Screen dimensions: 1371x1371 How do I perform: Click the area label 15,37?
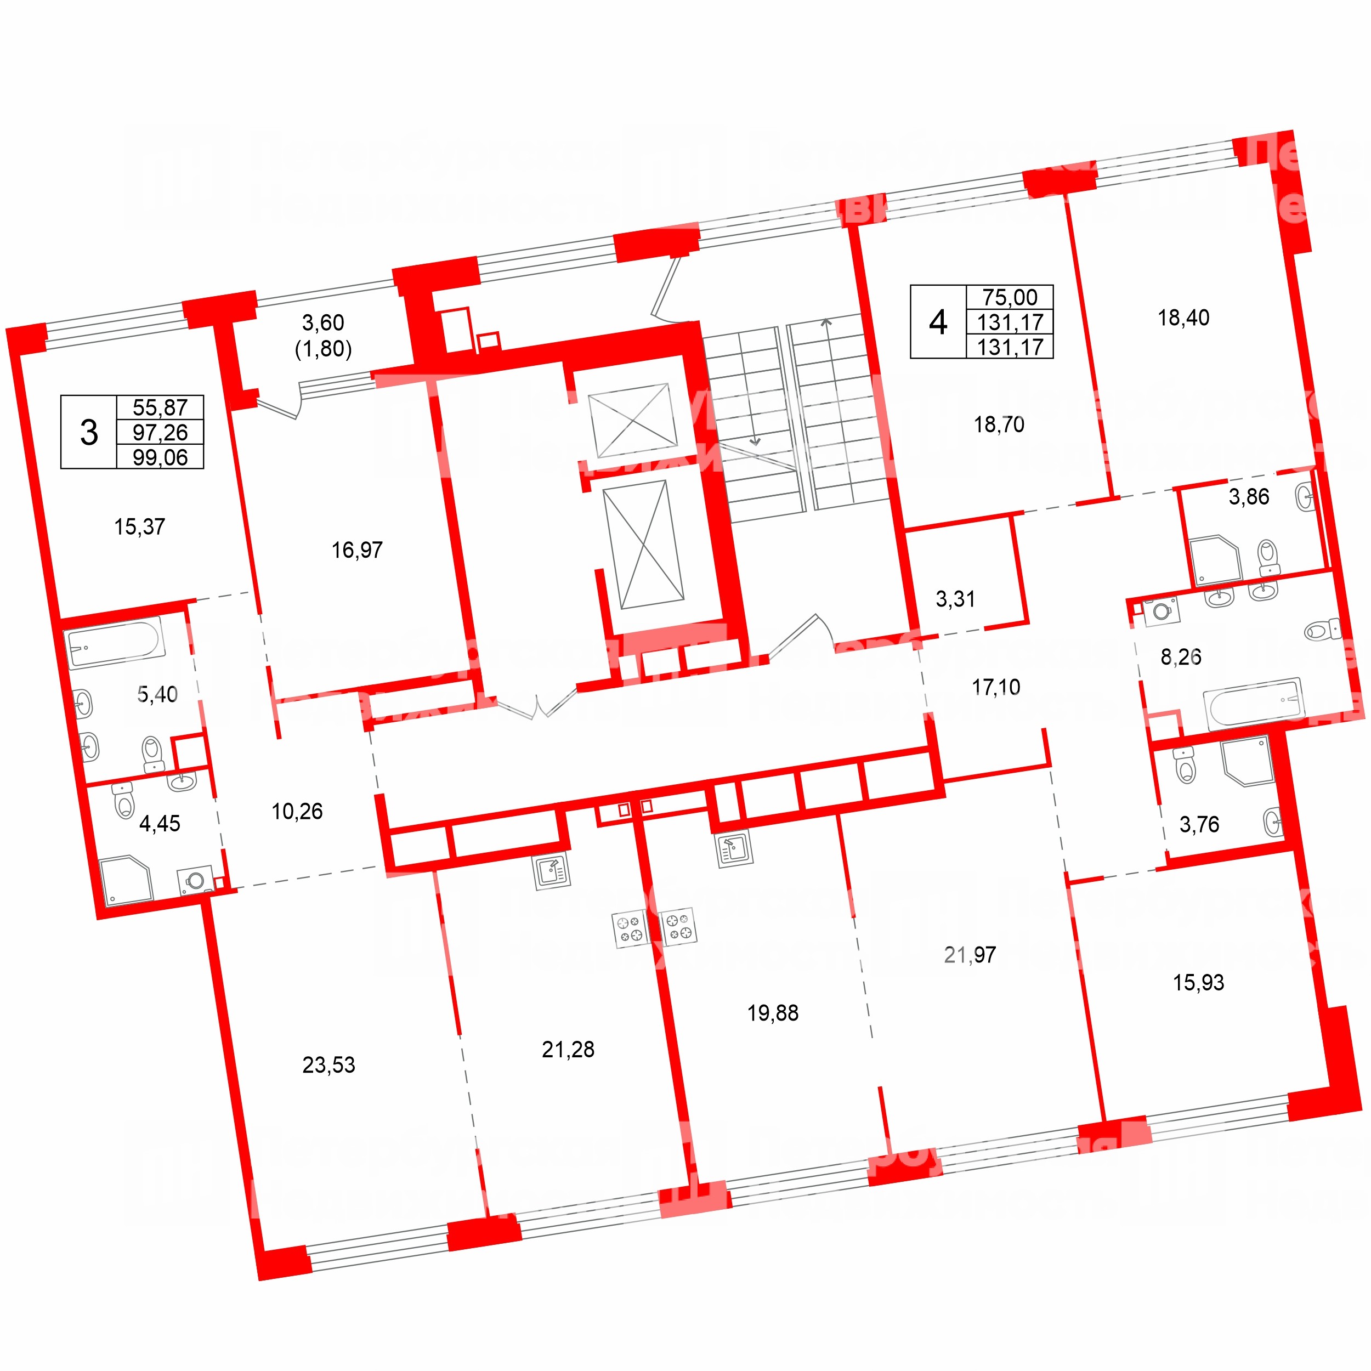tap(140, 527)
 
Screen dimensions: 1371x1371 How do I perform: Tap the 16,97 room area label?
tap(357, 550)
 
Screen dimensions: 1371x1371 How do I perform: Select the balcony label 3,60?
tap(323, 323)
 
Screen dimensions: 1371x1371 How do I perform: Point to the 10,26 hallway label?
tap(297, 811)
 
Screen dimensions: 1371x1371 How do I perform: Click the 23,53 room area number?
tap(328, 1064)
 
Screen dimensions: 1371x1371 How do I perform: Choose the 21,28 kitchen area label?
tap(568, 1050)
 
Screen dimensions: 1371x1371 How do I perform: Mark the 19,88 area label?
tap(773, 1013)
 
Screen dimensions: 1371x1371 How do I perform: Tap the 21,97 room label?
tap(970, 955)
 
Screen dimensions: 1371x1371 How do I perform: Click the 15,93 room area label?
tap(1199, 983)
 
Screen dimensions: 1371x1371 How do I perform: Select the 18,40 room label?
tap(1183, 318)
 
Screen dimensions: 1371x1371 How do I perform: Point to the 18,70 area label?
tap(999, 425)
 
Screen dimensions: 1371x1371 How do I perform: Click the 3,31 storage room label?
tap(955, 599)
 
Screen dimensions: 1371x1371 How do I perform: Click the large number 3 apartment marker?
tap(89, 432)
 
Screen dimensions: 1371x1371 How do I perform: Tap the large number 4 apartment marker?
tap(938, 322)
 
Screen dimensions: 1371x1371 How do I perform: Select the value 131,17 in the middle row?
tap(1010, 322)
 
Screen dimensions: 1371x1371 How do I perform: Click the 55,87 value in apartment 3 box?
tap(160, 407)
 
